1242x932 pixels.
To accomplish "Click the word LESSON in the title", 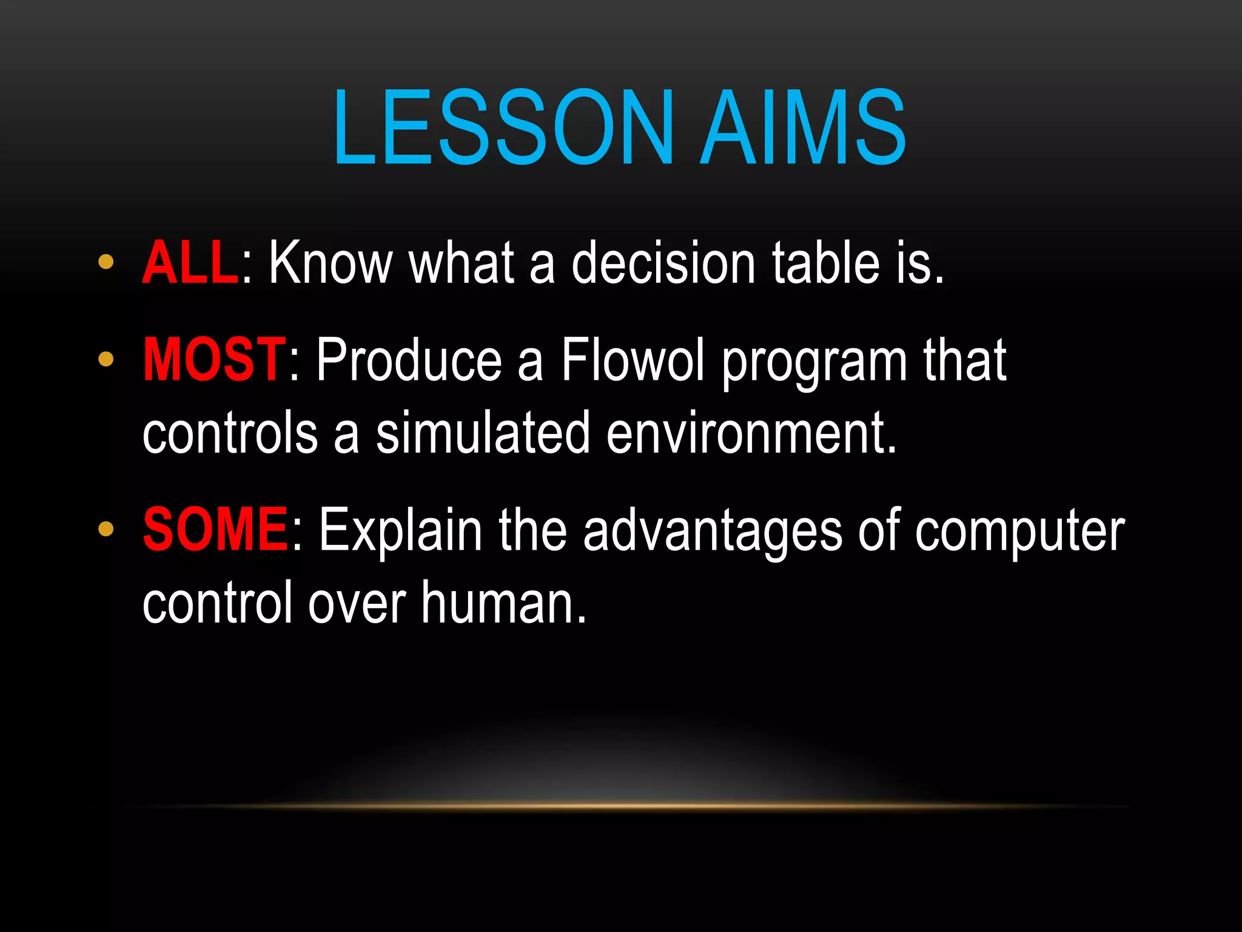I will click(x=503, y=127).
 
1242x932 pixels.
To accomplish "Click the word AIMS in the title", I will click(x=803, y=127).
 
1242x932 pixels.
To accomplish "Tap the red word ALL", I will click(x=190, y=263).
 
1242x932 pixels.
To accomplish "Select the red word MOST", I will click(x=215, y=360).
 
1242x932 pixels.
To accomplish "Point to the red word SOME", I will click(x=216, y=530).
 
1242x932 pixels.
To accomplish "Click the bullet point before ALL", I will click(x=106, y=262).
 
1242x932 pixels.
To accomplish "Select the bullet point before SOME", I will click(x=106, y=529).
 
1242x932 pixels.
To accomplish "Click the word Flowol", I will click(x=633, y=360).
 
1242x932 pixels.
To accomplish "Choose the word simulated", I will click(x=483, y=433).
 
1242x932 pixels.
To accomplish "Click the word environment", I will click(x=751, y=433).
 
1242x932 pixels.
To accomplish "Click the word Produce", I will click(x=409, y=360).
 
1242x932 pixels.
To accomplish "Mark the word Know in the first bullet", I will click(x=331, y=263).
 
